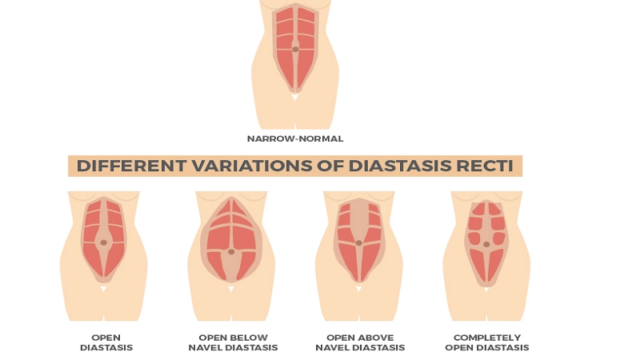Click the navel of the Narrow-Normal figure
point(295,50)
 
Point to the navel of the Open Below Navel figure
point(231,252)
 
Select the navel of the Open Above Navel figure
point(359,242)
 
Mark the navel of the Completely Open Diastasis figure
point(486,244)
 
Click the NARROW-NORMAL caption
point(295,138)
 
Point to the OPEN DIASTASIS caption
point(106,342)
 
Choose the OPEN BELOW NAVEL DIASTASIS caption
point(233,342)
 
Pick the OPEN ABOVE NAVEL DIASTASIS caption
point(360,342)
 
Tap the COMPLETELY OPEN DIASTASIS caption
point(486,342)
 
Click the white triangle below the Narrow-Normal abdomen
point(295,98)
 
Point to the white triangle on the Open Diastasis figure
point(103,289)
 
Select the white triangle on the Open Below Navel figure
point(231,289)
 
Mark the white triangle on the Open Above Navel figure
point(359,289)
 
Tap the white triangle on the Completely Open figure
point(486,289)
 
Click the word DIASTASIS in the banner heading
point(394,166)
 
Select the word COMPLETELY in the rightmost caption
point(486,338)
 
